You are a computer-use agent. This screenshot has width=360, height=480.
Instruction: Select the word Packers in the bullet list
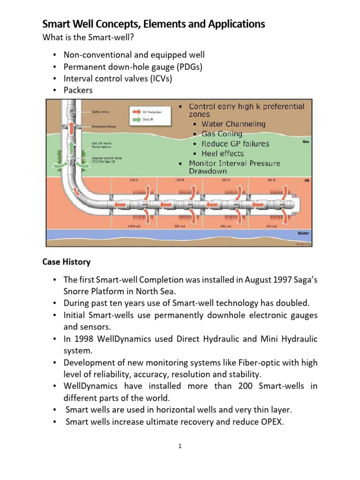[x=78, y=90]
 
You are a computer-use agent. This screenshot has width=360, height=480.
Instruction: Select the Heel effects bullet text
[x=223, y=153]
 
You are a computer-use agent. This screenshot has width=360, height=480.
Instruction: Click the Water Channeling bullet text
[x=233, y=124]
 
